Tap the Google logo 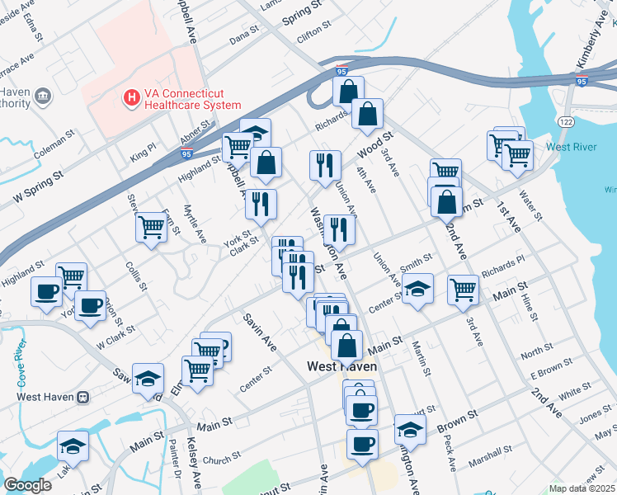coord(27,485)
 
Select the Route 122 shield coord(565,121)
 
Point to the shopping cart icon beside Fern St coord(152,226)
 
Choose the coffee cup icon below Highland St coord(45,290)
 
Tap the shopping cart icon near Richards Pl coord(463,289)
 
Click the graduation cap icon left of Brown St coord(410,427)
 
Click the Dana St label coord(244,37)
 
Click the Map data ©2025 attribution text coord(582,488)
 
